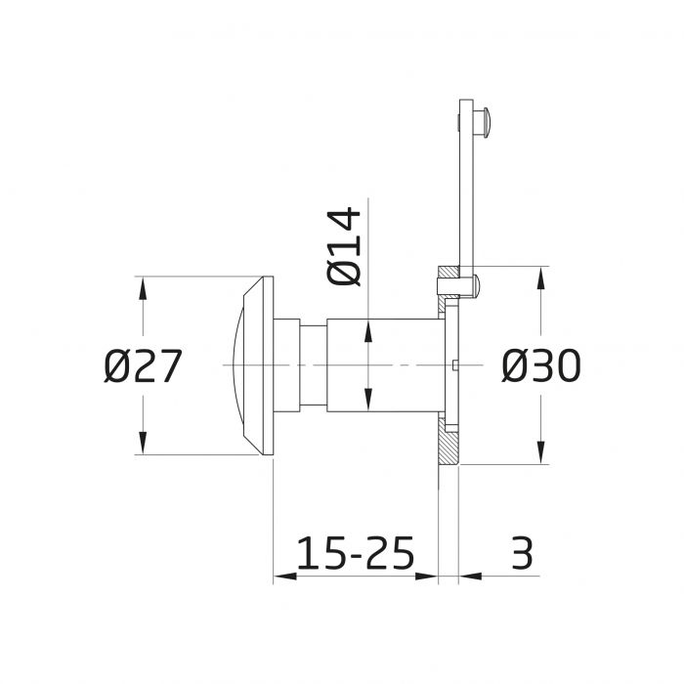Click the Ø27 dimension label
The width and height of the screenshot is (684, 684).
point(143,367)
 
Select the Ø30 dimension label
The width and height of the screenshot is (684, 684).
point(541,366)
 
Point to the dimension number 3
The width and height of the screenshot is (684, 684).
point(523,552)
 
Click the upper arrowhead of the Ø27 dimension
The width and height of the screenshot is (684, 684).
point(143,285)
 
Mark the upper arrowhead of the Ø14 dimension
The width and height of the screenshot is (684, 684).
point(367,330)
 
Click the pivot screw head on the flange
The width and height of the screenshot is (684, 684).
point(475,284)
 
